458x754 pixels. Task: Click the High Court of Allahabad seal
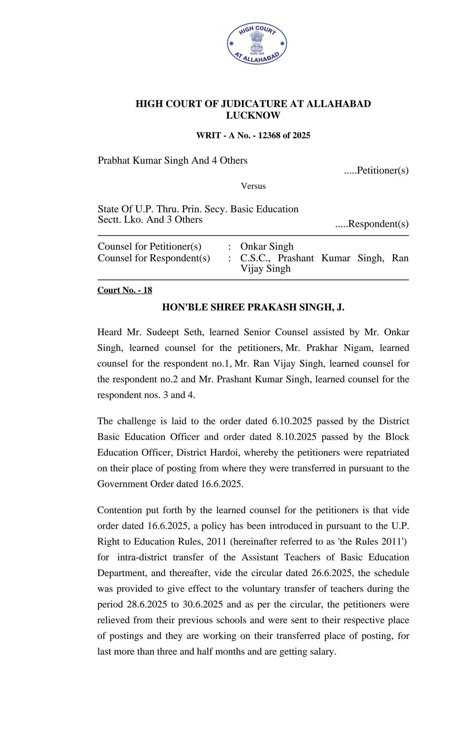[x=256, y=44]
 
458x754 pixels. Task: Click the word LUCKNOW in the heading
[x=253, y=115]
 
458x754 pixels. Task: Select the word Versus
[x=253, y=186]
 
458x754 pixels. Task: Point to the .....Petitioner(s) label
[x=376, y=170]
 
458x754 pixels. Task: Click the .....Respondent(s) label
[x=372, y=224]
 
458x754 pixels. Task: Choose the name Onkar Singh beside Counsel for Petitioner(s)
[x=267, y=246]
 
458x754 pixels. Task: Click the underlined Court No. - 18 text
[x=125, y=290]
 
